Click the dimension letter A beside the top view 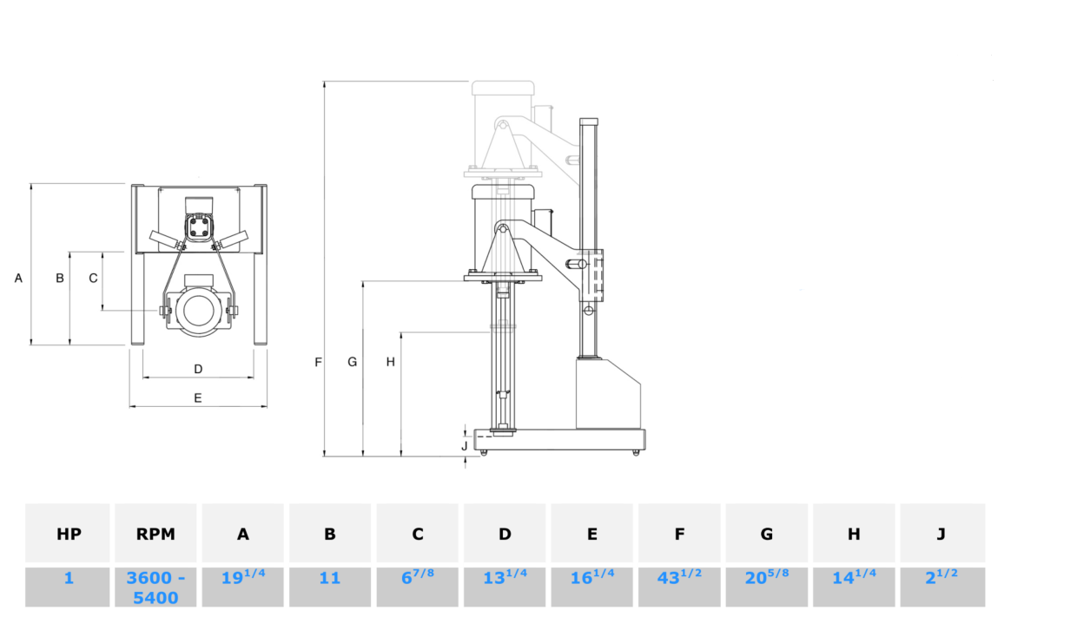[18, 278]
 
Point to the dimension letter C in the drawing [93, 278]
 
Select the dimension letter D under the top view [198, 369]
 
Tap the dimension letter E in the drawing [198, 397]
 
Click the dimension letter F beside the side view [318, 362]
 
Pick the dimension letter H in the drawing [391, 362]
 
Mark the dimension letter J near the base [465, 446]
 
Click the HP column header [69, 534]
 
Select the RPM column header [155, 534]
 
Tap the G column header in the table [766, 534]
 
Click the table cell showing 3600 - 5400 [155, 587]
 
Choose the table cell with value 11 [330, 587]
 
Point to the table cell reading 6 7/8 [417, 587]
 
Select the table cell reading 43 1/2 [679, 587]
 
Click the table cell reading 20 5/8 [766, 587]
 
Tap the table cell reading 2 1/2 [942, 587]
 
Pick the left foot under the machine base [484, 453]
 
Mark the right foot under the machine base [636, 453]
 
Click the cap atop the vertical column [589, 121]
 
